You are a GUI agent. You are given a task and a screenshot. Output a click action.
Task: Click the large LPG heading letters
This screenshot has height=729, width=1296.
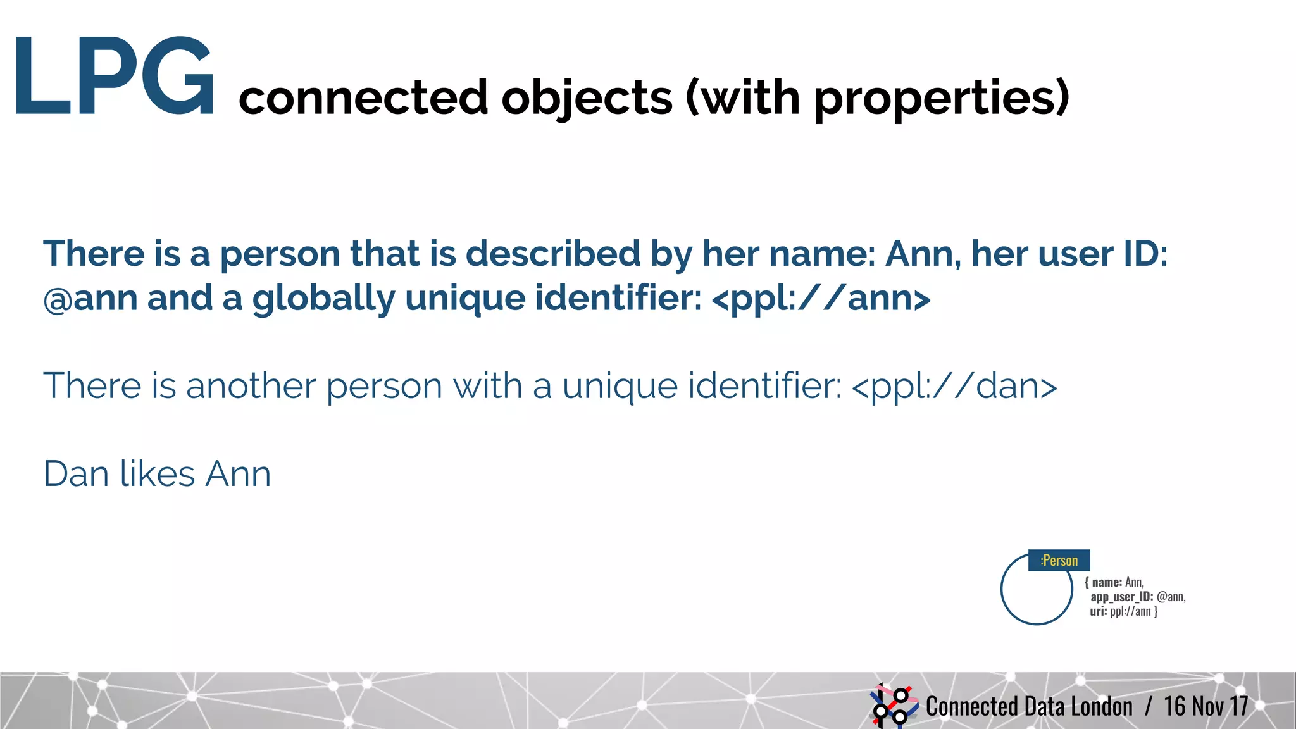pyautogui.click(x=114, y=77)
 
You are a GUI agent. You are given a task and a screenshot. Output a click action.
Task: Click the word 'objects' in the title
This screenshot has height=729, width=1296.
pyautogui.click(x=587, y=98)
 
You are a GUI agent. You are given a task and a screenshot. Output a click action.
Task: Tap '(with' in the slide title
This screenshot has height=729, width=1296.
pyautogui.click(x=743, y=98)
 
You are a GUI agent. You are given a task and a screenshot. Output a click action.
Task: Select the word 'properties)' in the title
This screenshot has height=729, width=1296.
pyautogui.click(x=941, y=98)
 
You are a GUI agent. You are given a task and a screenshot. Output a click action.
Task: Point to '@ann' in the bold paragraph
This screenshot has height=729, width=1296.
pyautogui.click(x=90, y=298)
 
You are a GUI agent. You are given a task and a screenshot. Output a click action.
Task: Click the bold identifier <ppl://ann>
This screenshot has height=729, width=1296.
pyautogui.click(x=821, y=298)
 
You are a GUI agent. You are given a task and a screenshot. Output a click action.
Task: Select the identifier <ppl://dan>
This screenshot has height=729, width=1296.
pyautogui.click(x=954, y=386)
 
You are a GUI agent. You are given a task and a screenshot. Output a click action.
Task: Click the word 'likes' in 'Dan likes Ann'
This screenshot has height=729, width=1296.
pyautogui.click(x=157, y=473)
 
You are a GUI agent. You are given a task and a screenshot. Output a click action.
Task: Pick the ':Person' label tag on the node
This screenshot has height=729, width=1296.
pyautogui.click(x=1059, y=561)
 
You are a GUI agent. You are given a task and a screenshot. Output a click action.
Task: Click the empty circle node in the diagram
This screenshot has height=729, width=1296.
pyautogui.click(x=1036, y=590)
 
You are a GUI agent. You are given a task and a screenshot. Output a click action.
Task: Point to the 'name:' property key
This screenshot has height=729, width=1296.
pyautogui.click(x=1107, y=582)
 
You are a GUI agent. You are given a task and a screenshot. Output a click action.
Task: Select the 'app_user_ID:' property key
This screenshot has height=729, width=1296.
pyautogui.click(x=1121, y=597)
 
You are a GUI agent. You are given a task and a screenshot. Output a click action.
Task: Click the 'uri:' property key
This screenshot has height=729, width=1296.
pyautogui.click(x=1099, y=611)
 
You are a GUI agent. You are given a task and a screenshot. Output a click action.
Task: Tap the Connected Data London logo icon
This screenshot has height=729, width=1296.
pyautogui.click(x=894, y=705)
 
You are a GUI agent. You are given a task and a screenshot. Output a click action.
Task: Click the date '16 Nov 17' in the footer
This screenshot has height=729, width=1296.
pyautogui.click(x=1206, y=706)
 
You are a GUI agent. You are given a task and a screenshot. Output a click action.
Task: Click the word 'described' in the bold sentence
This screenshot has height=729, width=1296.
pyautogui.click(x=553, y=254)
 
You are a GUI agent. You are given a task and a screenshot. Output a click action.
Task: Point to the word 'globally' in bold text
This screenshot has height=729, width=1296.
pyautogui.click(x=323, y=298)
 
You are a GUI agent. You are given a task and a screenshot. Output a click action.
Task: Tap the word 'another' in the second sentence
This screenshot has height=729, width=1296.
pyautogui.click(x=251, y=386)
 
